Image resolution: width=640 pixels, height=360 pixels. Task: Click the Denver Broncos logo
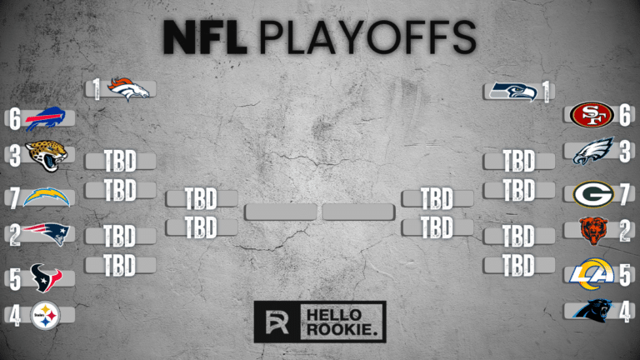point(127,88)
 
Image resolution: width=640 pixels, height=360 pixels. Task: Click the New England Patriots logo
point(47,235)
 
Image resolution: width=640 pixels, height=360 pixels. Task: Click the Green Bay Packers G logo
point(593,193)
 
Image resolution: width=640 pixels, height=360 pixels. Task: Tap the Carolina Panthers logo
point(592,309)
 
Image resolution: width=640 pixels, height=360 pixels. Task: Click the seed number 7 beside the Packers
point(624,193)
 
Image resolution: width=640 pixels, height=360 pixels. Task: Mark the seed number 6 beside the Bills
point(13,120)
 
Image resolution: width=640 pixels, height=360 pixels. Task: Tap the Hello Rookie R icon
point(275,321)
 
